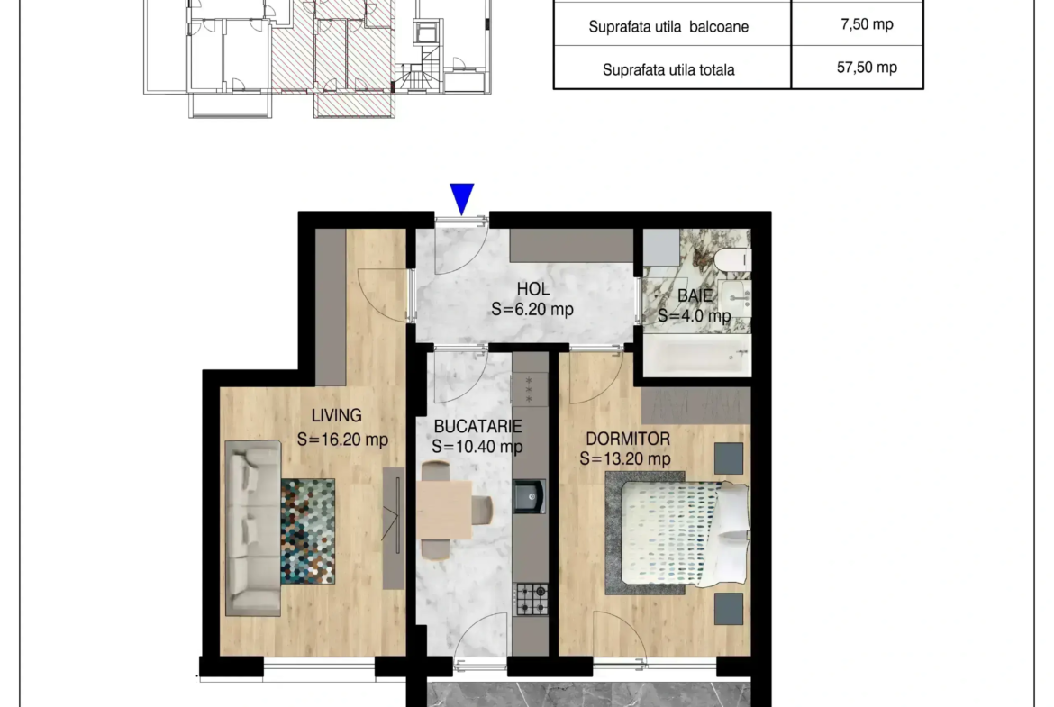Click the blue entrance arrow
(462, 198)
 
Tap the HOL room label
(533, 289)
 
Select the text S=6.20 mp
(532, 309)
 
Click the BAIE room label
(695, 295)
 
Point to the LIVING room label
(336, 415)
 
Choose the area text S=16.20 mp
(343, 440)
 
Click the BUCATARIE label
(478, 426)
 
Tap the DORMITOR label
(628, 439)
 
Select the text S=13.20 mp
(625, 459)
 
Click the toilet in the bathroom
(732, 259)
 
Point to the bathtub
(697, 355)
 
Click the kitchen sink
(530, 496)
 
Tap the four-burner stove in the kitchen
(531, 600)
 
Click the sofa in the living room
(253, 528)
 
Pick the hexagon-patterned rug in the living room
(308, 530)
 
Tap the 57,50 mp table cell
(868, 68)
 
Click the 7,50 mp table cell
(868, 24)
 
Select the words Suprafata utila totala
(668, 70)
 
